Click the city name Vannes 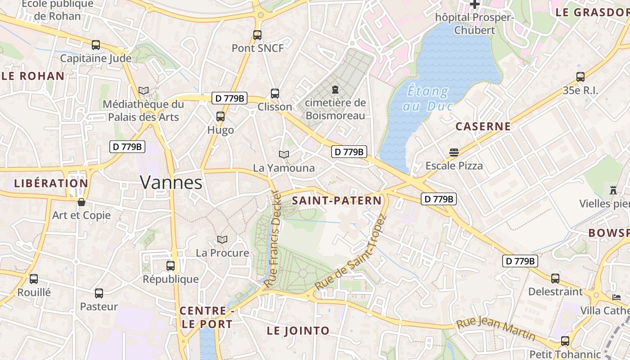(x=171, y=182)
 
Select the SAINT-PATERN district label (x=337, y=201)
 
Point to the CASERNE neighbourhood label (x=483, y=126)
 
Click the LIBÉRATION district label (x=51, y=184)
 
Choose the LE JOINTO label (x=298, y=331)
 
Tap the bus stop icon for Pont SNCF (x=257, y=35)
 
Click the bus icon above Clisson (x=274, y=94)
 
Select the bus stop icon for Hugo (x=220, y=117)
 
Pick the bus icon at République (x=171, y=265)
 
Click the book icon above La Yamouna (x=283, y=154)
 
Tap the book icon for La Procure (x=222, y=239)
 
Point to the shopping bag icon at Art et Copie (x=81, y=202)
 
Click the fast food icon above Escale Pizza (x=454, y=152)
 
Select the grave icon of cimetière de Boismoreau (x=335, y=90)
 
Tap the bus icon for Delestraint (x=555, y=278)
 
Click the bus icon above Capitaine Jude (x=95, y=45)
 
